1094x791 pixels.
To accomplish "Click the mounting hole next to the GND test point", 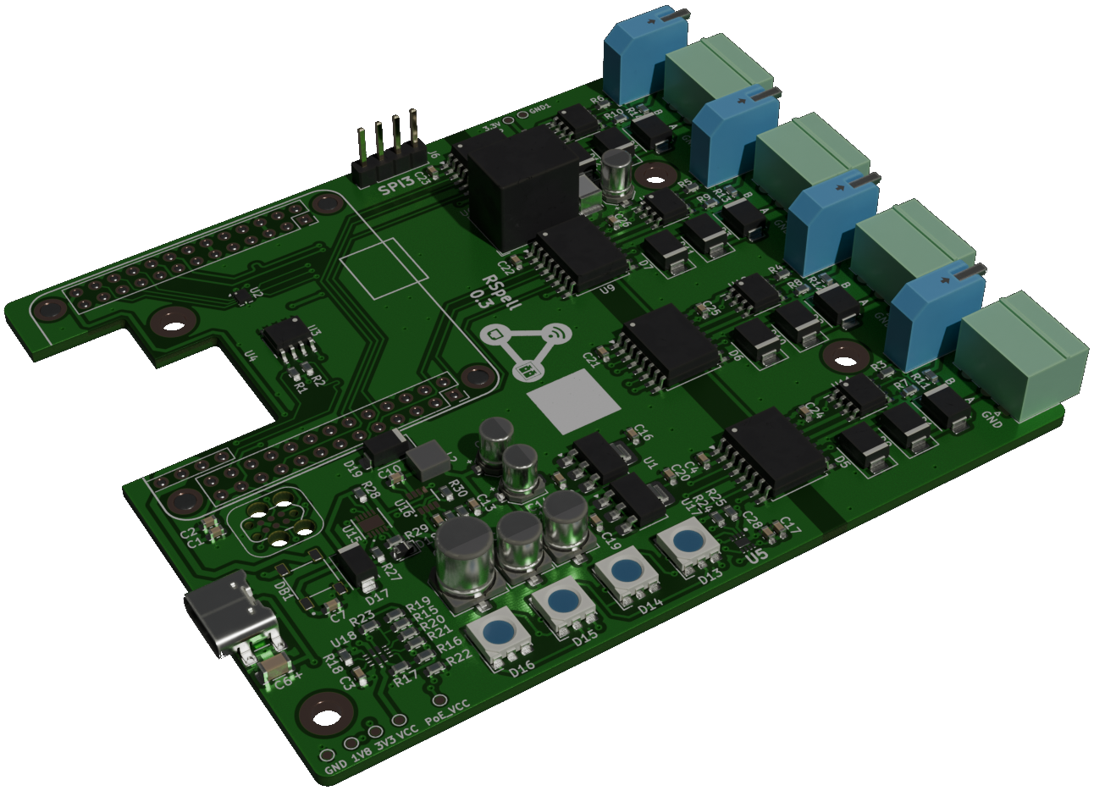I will [323, 712].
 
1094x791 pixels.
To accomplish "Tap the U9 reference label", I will [605, 291].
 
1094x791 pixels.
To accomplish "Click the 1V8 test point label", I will [362, 755].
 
